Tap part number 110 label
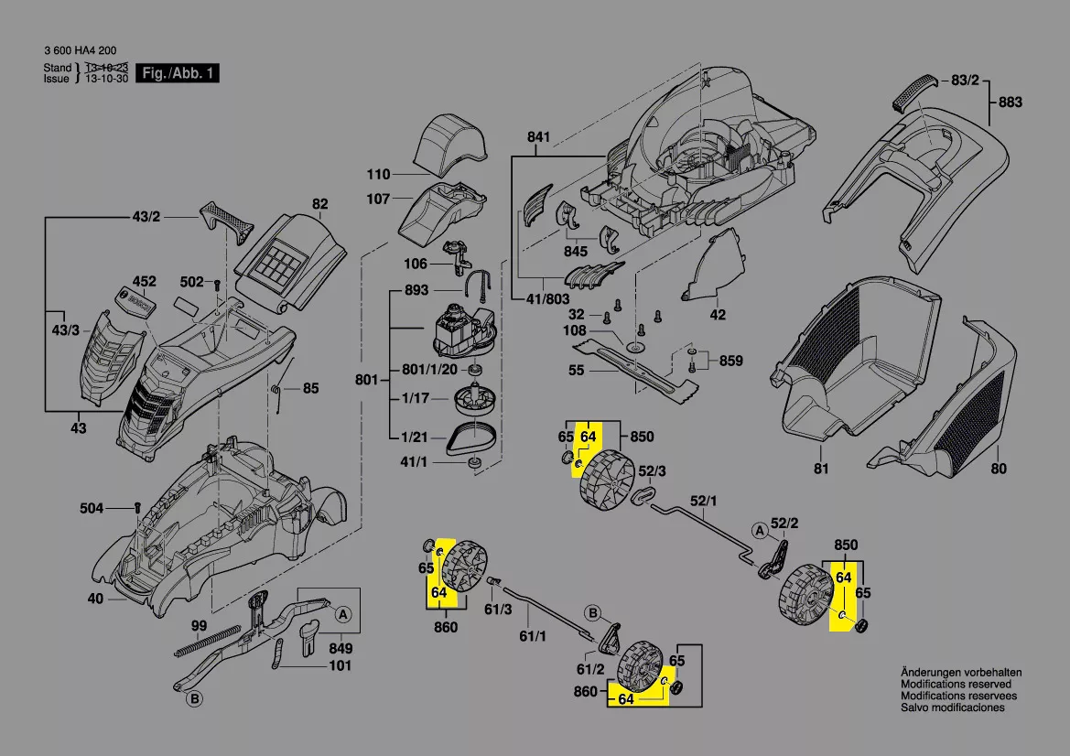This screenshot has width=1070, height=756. pos(378,174)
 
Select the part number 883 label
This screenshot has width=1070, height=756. pos(1010,103)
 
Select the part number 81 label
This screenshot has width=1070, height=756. pos(821,469)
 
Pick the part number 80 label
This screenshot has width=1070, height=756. pos(998,469)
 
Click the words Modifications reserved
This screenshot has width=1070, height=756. pos(956,685)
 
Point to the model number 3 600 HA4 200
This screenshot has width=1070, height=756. pos(80,51)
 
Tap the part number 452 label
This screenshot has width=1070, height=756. pos(145,281)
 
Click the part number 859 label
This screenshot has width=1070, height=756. pos(731,360)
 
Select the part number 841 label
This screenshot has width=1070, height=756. pos(538,137)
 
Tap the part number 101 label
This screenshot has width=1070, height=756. pos(340,665)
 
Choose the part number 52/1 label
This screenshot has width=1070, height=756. pos(704,500)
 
